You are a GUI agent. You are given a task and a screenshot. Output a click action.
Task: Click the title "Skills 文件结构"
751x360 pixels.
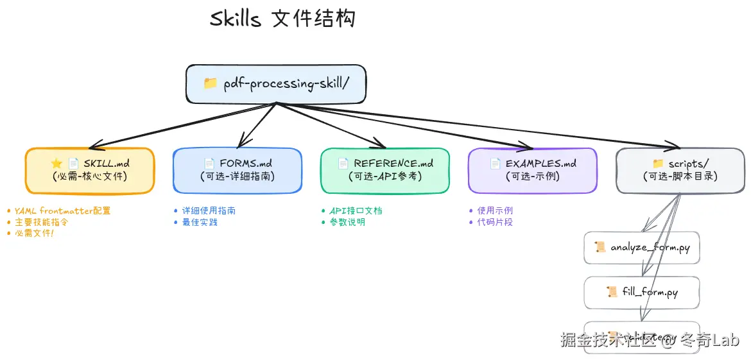(282, 19)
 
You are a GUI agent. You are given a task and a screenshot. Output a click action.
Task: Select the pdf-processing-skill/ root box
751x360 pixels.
(276, 83)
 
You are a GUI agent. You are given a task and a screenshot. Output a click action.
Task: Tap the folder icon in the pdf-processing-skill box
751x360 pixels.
(210, 83)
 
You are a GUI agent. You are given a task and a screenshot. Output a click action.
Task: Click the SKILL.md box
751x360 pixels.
(90, 170)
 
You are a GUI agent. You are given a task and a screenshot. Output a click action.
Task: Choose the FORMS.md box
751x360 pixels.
(237, 170)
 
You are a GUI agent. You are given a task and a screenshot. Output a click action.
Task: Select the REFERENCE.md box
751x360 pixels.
(385, 170)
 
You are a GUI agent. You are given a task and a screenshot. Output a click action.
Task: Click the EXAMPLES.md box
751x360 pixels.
(533, 170)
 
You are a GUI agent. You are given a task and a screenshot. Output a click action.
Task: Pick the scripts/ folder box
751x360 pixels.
(680, 170)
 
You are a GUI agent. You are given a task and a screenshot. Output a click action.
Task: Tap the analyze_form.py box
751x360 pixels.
(642, 247)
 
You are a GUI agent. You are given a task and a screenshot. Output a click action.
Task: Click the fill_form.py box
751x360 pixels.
(642, 292)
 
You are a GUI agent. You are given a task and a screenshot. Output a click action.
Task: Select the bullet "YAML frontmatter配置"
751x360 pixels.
(62, 210)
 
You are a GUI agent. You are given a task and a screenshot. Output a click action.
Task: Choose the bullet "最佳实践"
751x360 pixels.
(200, 222)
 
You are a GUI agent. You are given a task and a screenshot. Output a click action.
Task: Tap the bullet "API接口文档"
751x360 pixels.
(356, 210)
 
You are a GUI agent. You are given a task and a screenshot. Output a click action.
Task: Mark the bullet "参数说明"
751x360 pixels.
(347, 222)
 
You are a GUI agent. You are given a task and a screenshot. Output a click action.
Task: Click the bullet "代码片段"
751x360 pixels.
(495, 222)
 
